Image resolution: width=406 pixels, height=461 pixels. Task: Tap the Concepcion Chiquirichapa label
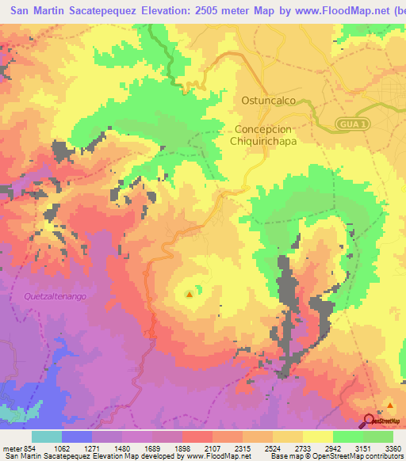tap(266, 135)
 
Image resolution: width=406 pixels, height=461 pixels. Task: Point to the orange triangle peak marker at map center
tap(189, 295)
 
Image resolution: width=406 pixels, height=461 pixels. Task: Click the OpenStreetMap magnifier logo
tap(370, 421)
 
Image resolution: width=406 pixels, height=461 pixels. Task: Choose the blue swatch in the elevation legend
tap(77, 436)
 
